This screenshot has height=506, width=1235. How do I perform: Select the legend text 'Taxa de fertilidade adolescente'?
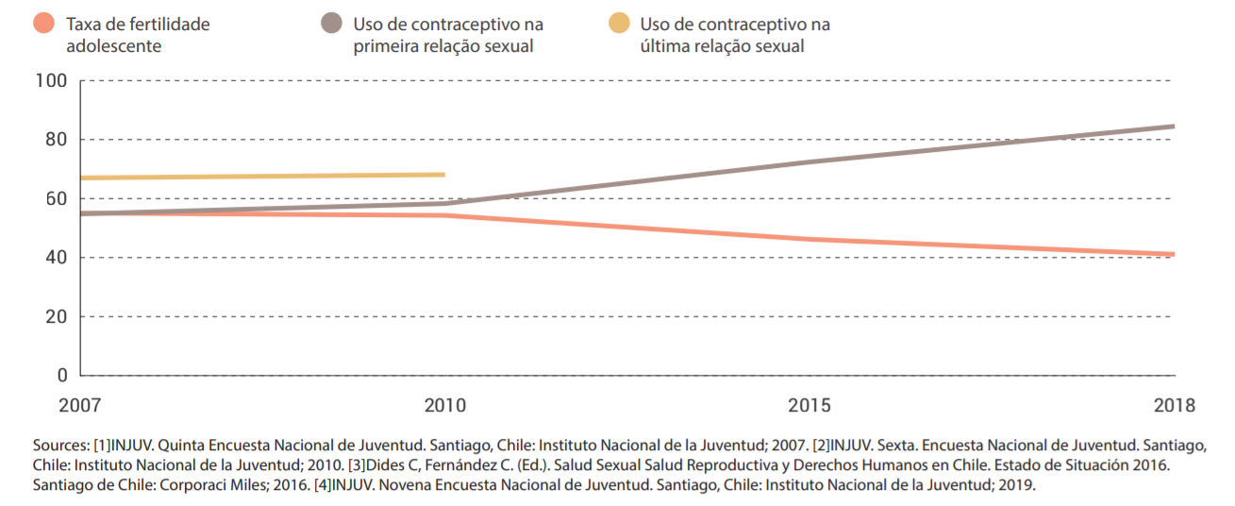pyautogui.click(x=138, y=35)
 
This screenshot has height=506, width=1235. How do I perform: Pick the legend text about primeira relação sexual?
pyautogui.click(x=447, y=35)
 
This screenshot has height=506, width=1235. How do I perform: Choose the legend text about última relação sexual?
pyautogui.click(x=734, y=35)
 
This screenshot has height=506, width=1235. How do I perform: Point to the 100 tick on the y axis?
pyautogui.click(x=51, y=81)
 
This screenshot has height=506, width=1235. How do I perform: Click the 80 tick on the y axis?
pyautogui.click(x=56, y=140)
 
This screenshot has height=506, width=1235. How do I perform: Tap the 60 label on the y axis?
pyautogui.click(x=56, y=199)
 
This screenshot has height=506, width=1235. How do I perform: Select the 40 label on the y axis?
pyautogui.click(x=56, y=258)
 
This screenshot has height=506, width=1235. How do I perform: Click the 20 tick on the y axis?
pyautogui.click(x=56, y=316)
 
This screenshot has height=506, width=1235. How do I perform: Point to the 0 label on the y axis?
pyautogui.click(x=61, y=376)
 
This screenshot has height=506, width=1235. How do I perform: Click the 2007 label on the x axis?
pyautogui.click(x=79, y=406)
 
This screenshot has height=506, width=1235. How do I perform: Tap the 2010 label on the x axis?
pyautogui.click(x=444, y=406)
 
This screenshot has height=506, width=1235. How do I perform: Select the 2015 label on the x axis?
pyautogui.click(x=809, y=406)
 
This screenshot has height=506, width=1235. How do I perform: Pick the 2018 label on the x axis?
pyautogui.click(x=1174, y=406)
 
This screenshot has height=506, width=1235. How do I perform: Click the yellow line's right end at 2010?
pyautogui.click(x=443, y=175)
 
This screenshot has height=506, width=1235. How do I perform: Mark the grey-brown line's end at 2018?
pyautogui.click(x=1173, y=126)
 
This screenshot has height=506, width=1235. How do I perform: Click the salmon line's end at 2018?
pyautogui.click(x=1173, y=254)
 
